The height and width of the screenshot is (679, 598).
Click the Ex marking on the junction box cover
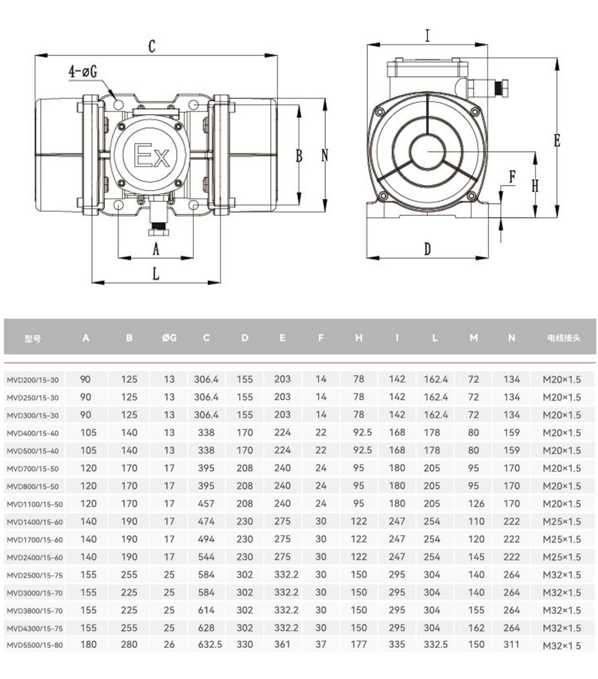point(152,155)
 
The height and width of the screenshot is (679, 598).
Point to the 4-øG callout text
point(83,71)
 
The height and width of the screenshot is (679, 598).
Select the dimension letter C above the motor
point(152,46)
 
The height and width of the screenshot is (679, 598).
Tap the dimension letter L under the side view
point(156,274)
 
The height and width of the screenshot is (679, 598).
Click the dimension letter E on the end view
point(557,140)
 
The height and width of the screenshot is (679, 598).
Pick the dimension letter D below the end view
point(427,249)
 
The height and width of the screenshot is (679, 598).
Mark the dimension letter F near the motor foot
point(512,177)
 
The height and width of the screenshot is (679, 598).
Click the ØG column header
point(169,338)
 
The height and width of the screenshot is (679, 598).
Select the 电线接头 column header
point(564,338)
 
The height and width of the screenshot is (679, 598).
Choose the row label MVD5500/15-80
point(34,645)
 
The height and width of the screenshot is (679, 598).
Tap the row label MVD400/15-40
point(32,433)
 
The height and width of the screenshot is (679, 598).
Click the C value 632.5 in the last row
point(210,644)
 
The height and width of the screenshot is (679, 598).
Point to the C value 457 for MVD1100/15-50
point(206,503)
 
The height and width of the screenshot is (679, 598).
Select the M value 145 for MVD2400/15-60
point(476,557)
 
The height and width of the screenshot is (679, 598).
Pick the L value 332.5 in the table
point(436,644)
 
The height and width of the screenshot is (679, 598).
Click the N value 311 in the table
point(511,644)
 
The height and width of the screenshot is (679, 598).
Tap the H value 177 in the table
point(358,644)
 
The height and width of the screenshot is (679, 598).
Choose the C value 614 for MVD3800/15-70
point(206,610)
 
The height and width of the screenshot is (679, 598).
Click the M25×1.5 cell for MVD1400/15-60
point(562,521)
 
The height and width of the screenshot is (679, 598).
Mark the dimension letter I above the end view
point(427,35)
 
